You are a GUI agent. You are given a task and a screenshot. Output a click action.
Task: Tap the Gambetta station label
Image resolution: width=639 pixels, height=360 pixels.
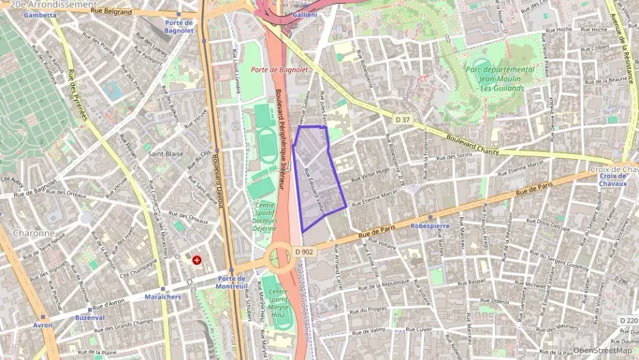point(40,14)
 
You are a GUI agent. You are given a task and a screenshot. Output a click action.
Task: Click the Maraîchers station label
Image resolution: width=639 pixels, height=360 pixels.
point(162,296)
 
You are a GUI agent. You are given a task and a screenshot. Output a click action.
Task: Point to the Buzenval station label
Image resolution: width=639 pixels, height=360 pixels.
point(90,318)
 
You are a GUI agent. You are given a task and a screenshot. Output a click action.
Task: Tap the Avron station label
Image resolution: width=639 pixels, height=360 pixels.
point(42,325)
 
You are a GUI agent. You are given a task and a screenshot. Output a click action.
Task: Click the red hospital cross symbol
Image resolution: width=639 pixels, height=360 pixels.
point(197,260)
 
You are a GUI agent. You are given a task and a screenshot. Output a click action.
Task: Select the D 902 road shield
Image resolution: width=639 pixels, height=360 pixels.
point(304,252)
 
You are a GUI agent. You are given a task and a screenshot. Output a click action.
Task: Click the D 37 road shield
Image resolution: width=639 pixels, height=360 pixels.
point(402,119)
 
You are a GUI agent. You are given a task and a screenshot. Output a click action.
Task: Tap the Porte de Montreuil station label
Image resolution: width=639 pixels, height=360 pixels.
point(231,282)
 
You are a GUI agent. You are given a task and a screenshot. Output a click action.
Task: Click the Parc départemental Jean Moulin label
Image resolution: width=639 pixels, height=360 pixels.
point(500,79)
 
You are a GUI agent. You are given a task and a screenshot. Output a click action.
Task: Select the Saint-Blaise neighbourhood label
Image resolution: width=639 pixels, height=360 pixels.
point(166,154)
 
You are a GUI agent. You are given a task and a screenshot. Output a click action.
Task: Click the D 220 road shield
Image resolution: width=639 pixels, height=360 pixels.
point(627,320)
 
